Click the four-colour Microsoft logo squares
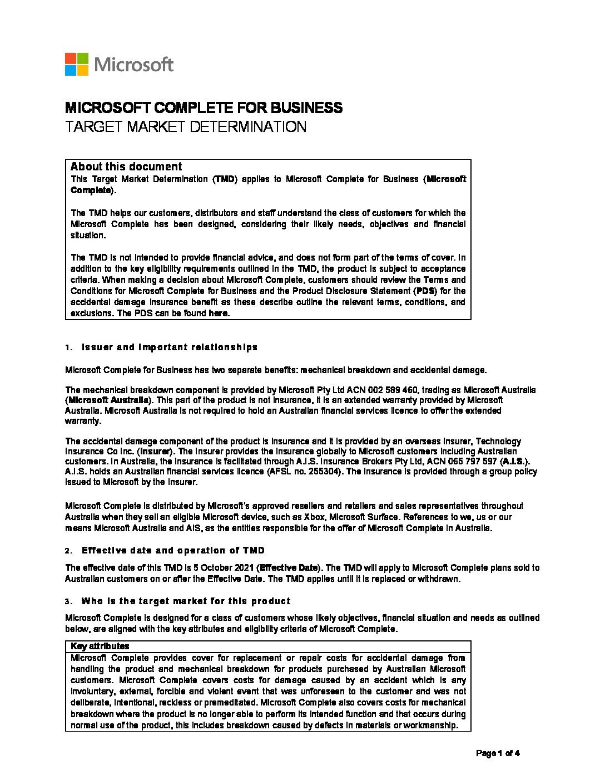point(77,65)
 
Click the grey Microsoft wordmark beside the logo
point(134,65)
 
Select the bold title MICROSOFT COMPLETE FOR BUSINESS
point(204,107)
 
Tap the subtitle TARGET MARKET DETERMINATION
point(186,127)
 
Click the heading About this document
point(126,166)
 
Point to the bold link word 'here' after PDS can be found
point(219,313)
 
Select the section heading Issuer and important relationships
point(170,347)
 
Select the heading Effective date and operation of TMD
point(173,551)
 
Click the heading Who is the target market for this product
point(186,601)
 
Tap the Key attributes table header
point(100,646)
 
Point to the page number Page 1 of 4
point(498,754)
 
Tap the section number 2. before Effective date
point(68,551)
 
